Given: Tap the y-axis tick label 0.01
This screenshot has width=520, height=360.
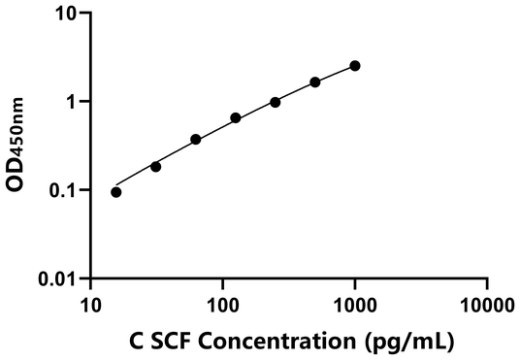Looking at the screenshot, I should [60, 279].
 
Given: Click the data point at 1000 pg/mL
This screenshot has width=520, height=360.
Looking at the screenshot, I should [355, 66].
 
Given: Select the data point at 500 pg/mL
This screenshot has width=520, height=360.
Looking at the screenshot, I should [315, 82].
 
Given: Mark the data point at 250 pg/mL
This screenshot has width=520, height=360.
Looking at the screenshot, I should [276, 102].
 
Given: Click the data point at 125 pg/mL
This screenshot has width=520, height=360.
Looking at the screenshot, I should [236, 118].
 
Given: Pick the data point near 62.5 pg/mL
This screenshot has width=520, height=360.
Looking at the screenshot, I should [196, 140].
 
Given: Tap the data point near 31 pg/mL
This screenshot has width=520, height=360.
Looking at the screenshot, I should [155, 167].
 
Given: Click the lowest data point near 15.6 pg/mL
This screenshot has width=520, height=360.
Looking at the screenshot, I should [116, 192].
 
